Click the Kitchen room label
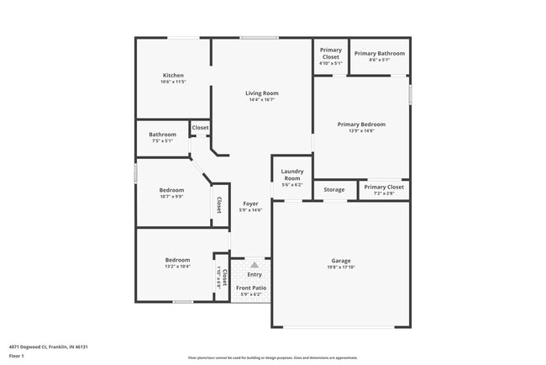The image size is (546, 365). (172, 75)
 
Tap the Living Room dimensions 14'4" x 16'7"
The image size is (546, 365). (262, 100)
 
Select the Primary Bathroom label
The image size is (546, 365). (379, 54)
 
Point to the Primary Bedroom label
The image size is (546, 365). (361, 124)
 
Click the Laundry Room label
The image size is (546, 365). (291, 175)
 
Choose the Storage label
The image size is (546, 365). (334, 190)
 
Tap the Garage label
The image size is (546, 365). (341, 261)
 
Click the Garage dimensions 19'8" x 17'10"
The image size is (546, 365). (341, 268)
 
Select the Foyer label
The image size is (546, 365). (250, 204)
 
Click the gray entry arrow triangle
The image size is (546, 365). (254, 265)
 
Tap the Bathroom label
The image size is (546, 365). (162, 135)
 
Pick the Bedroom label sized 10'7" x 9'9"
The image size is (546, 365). (171, 190)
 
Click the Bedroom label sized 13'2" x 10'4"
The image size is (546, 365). (177, 260)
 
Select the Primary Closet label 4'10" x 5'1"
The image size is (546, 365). (330, 54)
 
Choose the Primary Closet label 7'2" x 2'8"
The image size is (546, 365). (384, 187)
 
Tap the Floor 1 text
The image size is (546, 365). (18, 356)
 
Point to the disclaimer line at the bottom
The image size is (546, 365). (272, 357)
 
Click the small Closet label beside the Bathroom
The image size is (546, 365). (200, 128)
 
